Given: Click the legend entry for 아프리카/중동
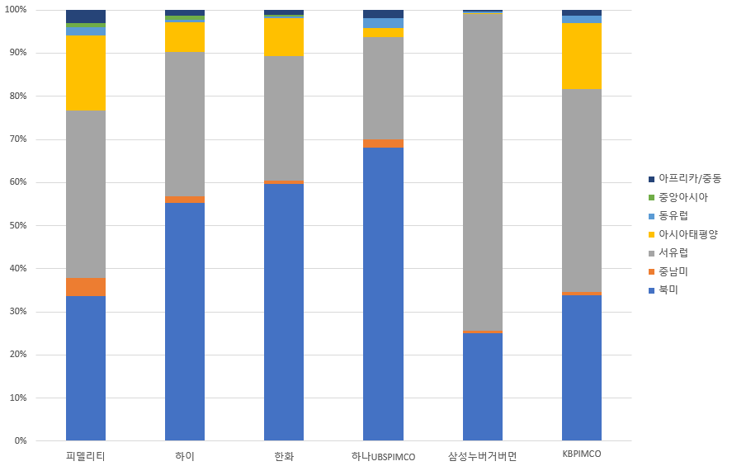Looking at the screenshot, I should (x=689, y=178).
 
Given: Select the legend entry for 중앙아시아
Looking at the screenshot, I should (x=682, y=197).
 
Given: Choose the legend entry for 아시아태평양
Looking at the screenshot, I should (x=688, y=234).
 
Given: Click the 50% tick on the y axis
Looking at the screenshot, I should (x=17, y=225).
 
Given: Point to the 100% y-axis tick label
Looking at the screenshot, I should (x=16, y=10).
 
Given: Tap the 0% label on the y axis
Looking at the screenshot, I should (x=20, y=440).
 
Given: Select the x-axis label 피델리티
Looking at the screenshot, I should (x=85, y=456).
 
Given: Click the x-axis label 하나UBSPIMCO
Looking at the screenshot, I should (x=383, y=456).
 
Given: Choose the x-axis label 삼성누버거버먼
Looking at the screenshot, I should (x=482, y=456).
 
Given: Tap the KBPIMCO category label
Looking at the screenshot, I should (x=581, y=454).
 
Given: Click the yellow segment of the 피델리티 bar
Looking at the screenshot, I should (x=86, y=73).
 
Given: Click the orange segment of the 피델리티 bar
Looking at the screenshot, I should (x=86, y=287).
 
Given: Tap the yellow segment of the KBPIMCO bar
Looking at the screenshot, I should (x=581, y=55).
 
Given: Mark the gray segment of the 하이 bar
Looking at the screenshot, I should (x=185, y=124).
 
